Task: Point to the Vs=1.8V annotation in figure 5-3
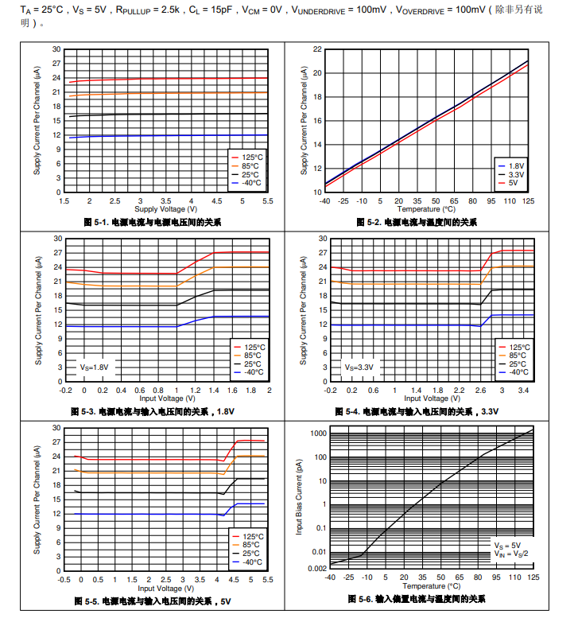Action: point(94,367)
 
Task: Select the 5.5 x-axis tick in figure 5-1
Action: point(267,201)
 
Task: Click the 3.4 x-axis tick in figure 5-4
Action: point(523,391)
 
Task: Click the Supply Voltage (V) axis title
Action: point(165,208)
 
